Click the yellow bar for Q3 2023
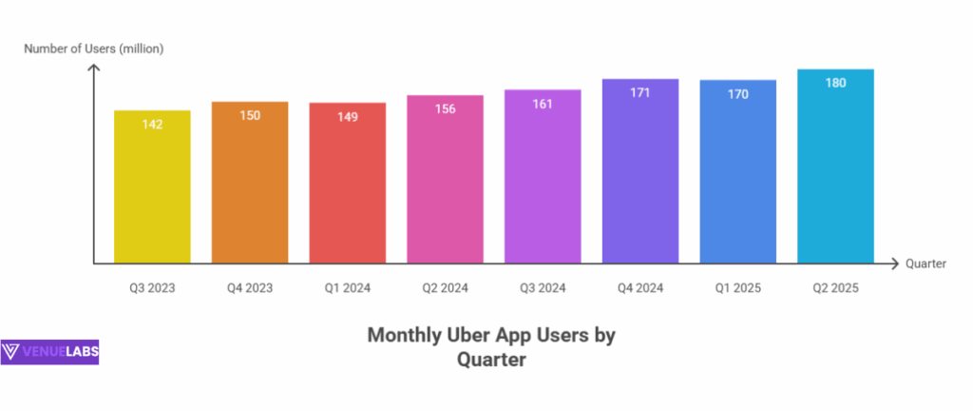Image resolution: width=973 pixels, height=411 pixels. point(152,190)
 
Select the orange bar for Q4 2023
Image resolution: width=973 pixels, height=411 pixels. point(250,186)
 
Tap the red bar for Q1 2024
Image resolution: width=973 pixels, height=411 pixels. point(348,186)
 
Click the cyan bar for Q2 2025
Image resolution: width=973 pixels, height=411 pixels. point(835,171)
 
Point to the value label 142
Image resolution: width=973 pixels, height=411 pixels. point(152,124)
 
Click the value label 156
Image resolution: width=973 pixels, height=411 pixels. point(445,108)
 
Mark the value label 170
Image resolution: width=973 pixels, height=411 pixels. point(738,93)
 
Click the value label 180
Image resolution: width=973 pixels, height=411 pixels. point(835,83)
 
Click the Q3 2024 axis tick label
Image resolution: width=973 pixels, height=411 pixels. point(543,287)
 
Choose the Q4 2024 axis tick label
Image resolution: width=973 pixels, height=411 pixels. point(640,287)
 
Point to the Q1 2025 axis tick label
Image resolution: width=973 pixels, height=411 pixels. point(738,287)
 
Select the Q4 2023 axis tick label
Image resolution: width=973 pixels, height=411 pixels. point(250,287)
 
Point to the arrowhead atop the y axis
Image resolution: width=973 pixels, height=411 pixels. point(94,68)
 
